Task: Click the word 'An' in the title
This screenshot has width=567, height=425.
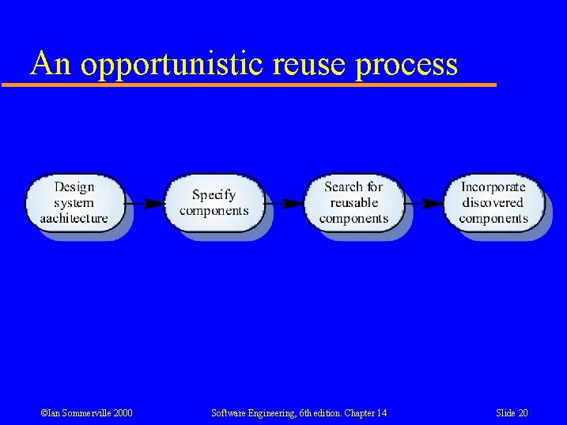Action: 51,63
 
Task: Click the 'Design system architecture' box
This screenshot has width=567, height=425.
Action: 74,203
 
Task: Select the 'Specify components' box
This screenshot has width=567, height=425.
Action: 214,203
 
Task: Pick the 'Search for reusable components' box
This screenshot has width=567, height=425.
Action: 353,203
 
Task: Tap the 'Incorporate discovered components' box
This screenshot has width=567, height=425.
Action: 493,203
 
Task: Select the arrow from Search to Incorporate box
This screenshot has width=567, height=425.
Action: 424,203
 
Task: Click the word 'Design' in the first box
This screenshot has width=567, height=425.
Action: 74,187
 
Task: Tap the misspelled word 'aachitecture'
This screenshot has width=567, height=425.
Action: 74,218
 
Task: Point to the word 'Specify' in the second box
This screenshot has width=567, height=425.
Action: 214,195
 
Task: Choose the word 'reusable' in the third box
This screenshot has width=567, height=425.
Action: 353,202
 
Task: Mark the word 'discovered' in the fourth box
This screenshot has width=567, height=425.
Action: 493,202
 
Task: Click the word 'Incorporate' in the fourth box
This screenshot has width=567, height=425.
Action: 493,187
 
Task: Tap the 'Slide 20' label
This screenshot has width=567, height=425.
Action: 512,413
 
